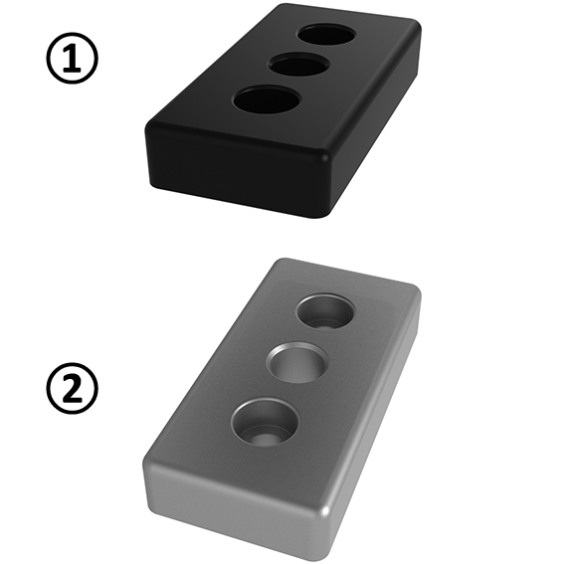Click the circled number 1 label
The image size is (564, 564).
tap(73, 61)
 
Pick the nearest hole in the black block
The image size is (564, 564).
tap(267, 100)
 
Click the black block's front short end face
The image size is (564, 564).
tap(234, 172)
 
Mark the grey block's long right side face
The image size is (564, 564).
tap(373, 428)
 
